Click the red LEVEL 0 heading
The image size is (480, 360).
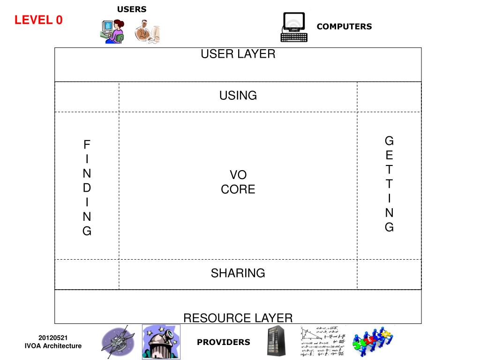[x=38, y=20]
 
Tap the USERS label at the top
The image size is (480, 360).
[x=132, y=9]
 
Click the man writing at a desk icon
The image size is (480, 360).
[x=147, y=31]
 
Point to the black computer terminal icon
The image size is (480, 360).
[x=293, y=28]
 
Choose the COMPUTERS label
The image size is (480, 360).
[x=344, y=27]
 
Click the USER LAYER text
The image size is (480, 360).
[x=238, y=54]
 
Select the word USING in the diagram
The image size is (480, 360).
[x=238, y=96]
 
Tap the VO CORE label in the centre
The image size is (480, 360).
[x=238, y=182]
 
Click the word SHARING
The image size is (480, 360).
[x=238, y=273]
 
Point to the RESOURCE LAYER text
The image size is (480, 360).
[x=238, y=318]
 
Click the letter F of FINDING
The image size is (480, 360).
[x=87, y=144]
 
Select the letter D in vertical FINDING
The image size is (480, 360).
[x=87, y=188]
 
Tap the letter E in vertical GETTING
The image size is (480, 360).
[x=390, y=155]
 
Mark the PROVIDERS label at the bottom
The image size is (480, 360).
[x=224, y=342]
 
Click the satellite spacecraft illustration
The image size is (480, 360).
[x=117, y=342]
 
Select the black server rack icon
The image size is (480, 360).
[x=276, y=341]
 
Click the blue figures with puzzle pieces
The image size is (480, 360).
[x=373, y=341]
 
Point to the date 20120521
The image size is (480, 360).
[x=53, y=337]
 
